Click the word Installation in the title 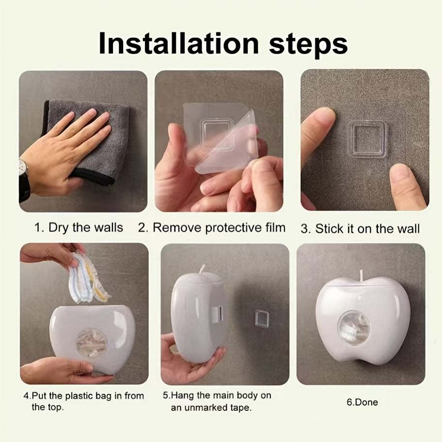coord(179,43)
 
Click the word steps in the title coord(308,45)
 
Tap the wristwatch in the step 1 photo coord(24,180)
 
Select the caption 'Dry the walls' coord(86,227)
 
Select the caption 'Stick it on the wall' coord(367,228)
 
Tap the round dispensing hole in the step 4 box coord(91,343)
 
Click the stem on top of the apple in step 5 coord(203,269)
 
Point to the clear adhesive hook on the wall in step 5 coord(261,318)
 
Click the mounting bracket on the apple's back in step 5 coord(217,315)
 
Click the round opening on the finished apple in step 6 coord(353,329)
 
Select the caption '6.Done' coord(362,402)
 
